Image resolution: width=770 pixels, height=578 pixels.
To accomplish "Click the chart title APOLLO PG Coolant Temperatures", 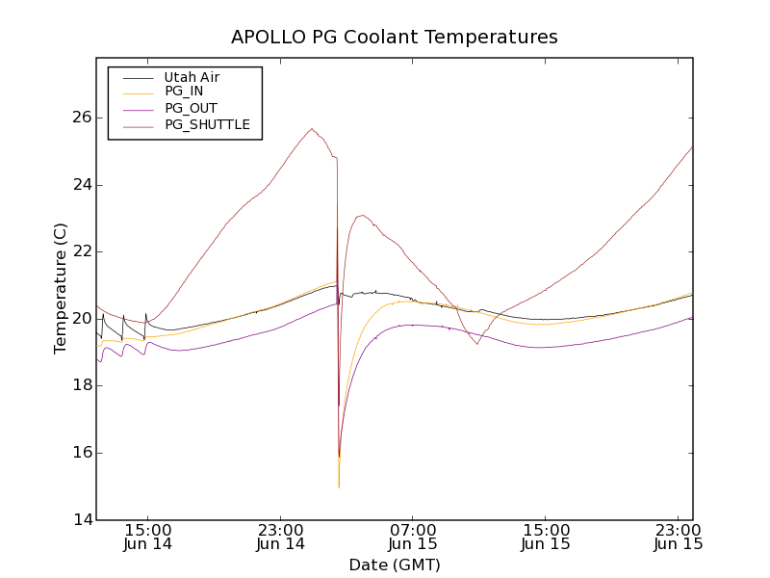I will click(395, 38).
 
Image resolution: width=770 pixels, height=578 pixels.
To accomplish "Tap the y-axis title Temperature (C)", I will click(62, 288).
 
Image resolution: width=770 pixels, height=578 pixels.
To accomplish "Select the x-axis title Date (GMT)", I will click(395, 565).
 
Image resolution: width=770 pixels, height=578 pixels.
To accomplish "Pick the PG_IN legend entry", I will click(184, 92).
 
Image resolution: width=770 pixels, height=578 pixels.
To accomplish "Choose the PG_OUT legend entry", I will click(191, 108).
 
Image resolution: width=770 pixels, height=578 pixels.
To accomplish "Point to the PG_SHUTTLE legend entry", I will click(207, 124).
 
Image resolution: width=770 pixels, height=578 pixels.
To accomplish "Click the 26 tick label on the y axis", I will click(81, 118).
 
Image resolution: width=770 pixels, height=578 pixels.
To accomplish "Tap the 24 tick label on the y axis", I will click(81, 185).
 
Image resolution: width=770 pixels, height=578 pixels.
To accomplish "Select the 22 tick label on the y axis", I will click(81, 251).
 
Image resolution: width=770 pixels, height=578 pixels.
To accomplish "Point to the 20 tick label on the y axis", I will click(81, 319).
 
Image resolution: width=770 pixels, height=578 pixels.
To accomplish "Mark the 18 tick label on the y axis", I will click(81, 385).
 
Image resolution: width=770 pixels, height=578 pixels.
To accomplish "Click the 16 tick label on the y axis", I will click(81, 453).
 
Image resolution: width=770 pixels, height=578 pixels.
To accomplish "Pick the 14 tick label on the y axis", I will click(81, 520).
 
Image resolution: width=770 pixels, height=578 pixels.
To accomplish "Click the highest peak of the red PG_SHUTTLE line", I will click(312, 129).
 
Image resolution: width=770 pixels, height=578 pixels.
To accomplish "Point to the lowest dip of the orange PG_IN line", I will click(339, 487).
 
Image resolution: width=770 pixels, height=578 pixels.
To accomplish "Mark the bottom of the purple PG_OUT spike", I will click(339, 457).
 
